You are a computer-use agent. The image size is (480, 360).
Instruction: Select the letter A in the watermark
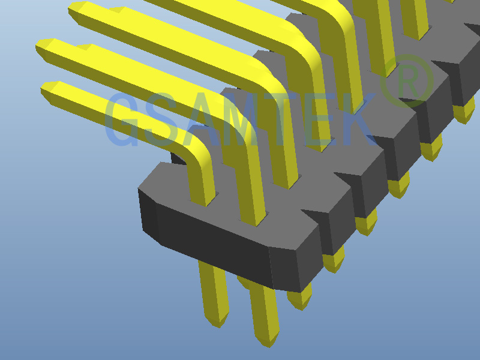(x=202, y=119)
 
